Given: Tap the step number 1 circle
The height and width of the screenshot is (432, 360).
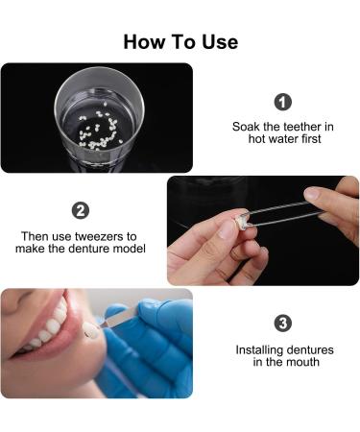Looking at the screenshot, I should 282,102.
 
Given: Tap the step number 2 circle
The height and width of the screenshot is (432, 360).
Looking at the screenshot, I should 81,210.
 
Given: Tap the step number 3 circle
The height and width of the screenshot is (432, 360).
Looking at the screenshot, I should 282,323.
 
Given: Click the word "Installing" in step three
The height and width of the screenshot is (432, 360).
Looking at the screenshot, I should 260,349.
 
